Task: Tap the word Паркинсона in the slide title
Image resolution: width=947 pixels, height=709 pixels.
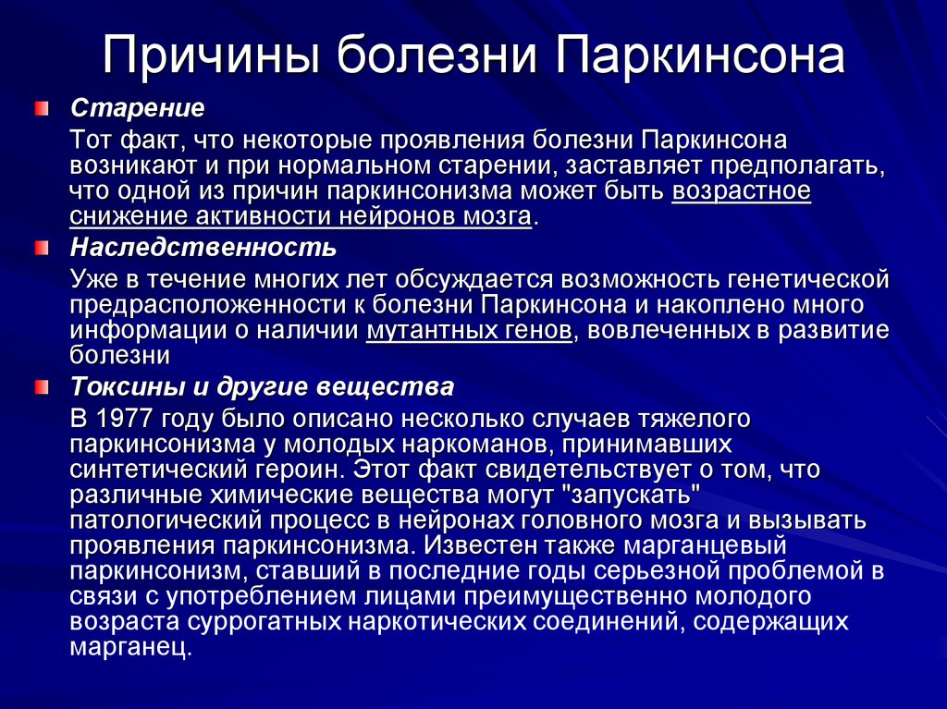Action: pos(699,55)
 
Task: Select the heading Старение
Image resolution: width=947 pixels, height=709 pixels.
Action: pos(138,108)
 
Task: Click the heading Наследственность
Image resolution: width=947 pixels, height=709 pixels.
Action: pos(203,248)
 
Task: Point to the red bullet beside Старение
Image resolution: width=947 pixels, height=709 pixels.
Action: pos(41,109)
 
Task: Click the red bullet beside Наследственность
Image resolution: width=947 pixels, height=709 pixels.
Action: pos(41,249)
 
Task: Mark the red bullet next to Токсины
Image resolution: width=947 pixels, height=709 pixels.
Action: pos(41,387)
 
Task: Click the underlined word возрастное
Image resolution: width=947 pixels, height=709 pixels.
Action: pos(741,191)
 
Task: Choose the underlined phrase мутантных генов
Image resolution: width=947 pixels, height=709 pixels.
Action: pos(469,331)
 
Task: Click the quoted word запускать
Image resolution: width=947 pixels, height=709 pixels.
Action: pos(635,495)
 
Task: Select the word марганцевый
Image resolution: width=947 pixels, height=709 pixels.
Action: pos(705,545)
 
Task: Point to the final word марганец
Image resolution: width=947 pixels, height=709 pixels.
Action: pos(130,647)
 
